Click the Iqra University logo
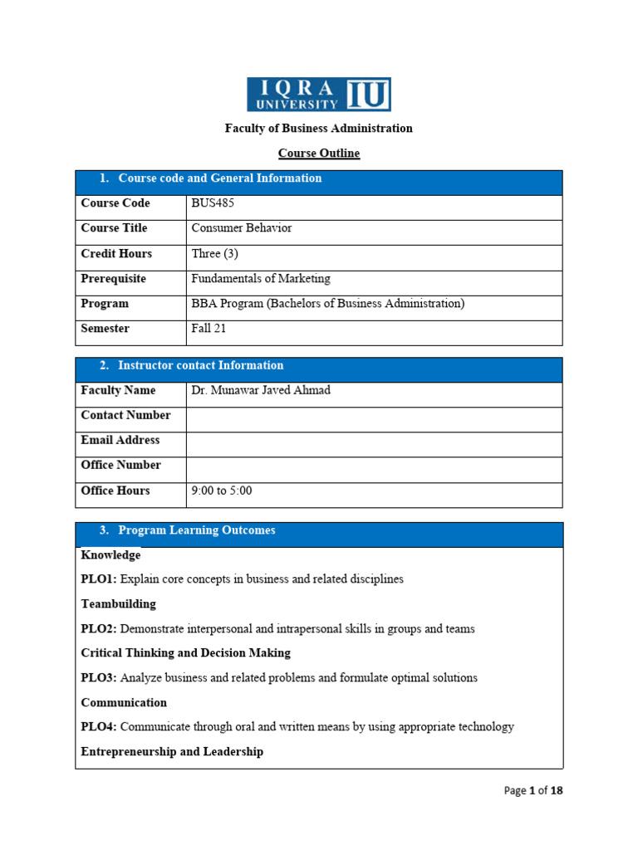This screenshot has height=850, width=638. pyautogui.click(x=318, y=94)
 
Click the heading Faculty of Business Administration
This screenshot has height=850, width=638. pyautogui.click(x=318, y=129)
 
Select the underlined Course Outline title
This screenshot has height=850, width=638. pyautogui.click(x=318, y=154)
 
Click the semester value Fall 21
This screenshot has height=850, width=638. pyautogui.click(x=209, y=329)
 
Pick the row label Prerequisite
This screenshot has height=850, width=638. pyautogui.click(x=113, y=279)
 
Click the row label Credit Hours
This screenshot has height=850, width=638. pyautogui.click(x=116, y=254)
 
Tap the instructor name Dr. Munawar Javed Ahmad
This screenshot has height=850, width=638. pyautogui.click(x=260, y=390)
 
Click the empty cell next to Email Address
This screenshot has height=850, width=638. pyautogui.click(x=374, y=441)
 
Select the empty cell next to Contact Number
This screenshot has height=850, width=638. pyautogui.click(x=374, y=416)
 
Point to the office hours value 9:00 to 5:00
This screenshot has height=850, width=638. pyautogui.click(x=222, y=491)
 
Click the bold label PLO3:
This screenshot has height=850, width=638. pyautogui.click(x=99, y=678)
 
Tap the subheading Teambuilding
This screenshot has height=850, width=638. pyautogui.click(x=118, y=604)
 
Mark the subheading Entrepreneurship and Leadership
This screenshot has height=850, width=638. pyautogui.click(x=172, y=752)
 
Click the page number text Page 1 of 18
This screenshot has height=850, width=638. pyautogui.click(x=533, y=791)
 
